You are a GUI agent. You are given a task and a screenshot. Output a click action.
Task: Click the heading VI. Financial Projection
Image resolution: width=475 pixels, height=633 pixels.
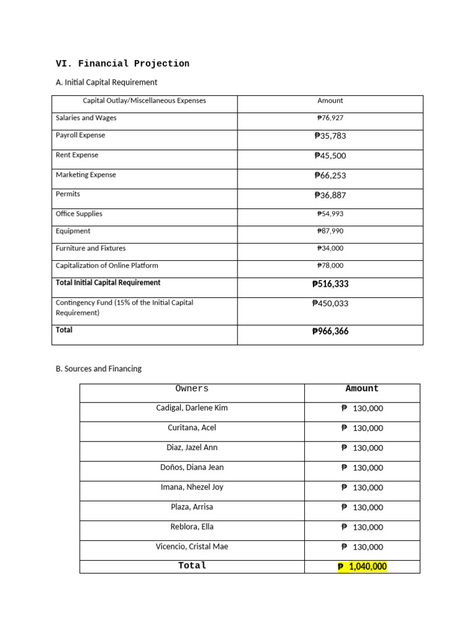coord(122,64)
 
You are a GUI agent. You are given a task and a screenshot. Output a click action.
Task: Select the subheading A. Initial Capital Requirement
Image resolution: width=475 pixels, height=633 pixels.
coord(106,82)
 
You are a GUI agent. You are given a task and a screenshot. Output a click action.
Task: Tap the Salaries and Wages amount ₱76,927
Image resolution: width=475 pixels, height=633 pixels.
coord(330,118)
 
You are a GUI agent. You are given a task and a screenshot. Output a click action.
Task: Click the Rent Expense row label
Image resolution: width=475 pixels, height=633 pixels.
coord(77,155)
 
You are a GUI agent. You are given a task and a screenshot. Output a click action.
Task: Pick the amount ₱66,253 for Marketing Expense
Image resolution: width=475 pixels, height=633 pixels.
coord(330,176)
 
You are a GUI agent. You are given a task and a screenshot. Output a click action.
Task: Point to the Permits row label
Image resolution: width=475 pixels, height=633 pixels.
coord(68,194)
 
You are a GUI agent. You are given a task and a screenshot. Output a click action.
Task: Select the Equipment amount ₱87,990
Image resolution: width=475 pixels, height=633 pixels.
coord(330,231)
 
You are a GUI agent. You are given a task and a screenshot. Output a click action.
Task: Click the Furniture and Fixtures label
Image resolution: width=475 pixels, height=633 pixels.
coord(90,249)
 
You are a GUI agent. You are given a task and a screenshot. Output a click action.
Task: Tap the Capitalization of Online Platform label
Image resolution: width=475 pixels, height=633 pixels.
coord(106,266)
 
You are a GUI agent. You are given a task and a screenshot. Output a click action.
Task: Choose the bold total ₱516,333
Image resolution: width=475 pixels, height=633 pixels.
coord(330,284)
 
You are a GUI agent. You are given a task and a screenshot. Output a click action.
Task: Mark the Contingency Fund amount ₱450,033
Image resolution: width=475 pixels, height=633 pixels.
coord(330,304)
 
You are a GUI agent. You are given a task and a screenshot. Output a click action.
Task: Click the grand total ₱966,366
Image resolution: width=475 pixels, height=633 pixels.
coord(330,331)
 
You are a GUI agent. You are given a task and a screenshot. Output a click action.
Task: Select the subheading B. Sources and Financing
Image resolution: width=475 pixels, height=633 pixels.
coord(98,369)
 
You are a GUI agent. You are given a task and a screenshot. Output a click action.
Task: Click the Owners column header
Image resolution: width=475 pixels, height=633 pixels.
coord(192,389)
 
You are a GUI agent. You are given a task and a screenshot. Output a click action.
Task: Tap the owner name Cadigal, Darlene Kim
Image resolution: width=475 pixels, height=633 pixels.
coord(192,408)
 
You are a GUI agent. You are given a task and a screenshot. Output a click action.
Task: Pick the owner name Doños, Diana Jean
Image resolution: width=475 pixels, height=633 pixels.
coord(192,467)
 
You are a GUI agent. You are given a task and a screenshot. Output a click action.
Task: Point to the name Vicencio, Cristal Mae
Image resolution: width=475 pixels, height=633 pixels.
coord(192,546)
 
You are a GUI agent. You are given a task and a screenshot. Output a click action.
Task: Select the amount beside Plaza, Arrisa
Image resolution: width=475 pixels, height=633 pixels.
coord(362,508)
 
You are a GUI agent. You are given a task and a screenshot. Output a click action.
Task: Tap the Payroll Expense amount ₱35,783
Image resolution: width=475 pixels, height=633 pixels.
coord(330,136)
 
